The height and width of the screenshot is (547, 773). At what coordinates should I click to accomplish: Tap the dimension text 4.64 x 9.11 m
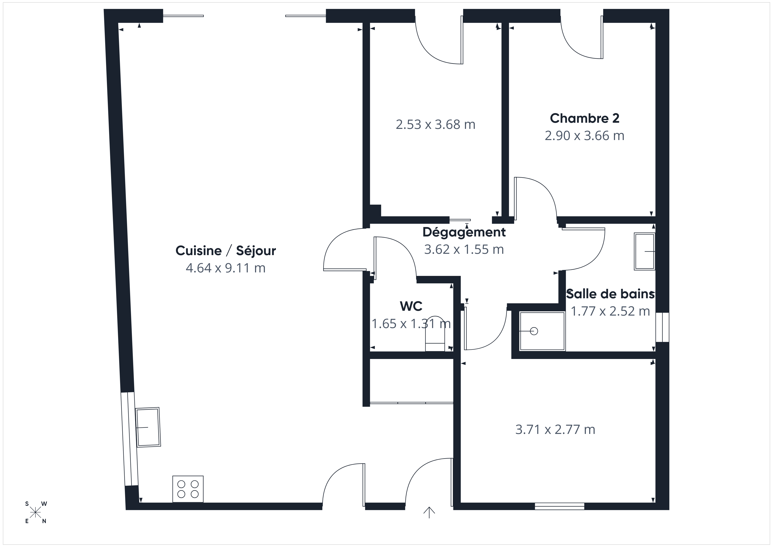(226, 268)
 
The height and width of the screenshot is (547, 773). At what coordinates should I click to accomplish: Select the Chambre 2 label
(585, 118)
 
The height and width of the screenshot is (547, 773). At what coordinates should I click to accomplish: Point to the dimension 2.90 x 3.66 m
(585, 136)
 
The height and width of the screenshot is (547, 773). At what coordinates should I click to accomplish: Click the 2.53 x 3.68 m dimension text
(435, 125)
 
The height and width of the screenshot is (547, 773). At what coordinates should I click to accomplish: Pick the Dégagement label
(464, 232)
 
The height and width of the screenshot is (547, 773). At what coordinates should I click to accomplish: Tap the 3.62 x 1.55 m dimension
(464, 250)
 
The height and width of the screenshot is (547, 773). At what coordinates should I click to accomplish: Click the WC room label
(411, 306)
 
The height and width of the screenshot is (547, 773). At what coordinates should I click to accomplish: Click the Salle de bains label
(610, 294)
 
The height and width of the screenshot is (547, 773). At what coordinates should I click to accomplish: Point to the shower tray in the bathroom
(542, 331)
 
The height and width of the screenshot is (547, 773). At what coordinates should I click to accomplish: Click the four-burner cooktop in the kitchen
(188, 489)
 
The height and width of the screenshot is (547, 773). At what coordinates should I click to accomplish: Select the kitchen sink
(148, 427)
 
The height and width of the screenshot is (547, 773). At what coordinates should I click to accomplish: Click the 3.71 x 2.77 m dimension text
(555, 430)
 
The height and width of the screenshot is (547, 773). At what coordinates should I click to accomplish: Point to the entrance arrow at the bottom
(429, 512)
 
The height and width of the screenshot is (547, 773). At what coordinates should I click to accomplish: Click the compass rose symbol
(35, 513)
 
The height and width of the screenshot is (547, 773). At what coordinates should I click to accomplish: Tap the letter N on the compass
(44, 521)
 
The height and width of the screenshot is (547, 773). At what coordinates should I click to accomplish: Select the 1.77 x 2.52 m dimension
(610, 311)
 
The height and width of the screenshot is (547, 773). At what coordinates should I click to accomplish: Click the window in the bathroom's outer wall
(662, 327)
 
